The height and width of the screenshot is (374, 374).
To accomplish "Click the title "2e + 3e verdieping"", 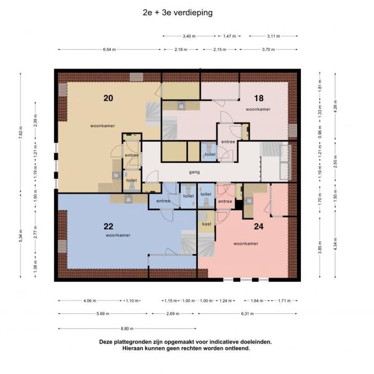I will (x=178, y=13).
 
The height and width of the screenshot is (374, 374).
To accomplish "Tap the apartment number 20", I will (x=108, y=98).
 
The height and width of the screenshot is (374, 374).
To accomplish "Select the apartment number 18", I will (x=259, y=98).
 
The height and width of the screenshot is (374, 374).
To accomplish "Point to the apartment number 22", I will (x=108, y=226).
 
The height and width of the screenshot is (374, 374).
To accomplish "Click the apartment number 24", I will (x=259, y=226).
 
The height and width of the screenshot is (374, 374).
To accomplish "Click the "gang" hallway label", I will (x=194, y=172).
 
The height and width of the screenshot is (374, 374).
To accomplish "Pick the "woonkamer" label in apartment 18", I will (x=258, y=109).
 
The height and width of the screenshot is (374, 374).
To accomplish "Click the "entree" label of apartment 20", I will (x=132, y=155).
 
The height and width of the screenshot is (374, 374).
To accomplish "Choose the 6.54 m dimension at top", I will (x=109, y=49).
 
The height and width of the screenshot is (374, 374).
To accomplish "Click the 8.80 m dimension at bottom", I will (x=127, y=328).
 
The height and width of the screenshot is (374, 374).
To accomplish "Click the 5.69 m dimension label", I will (x=103, y=314).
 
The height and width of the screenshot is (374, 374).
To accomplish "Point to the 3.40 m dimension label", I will (x=189, y=36).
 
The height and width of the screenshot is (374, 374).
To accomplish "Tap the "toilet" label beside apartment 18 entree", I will (x=210, y=155).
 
